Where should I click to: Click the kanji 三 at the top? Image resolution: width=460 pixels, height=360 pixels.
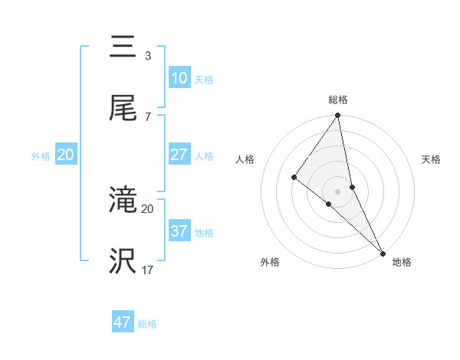(123, 47)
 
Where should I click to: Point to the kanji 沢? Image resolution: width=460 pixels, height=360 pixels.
(123, 261)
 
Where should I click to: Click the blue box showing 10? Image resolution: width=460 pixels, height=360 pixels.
(179, 77)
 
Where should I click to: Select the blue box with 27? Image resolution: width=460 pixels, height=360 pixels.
(179, 155)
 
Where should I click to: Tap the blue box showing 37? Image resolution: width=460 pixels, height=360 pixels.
(179, 231)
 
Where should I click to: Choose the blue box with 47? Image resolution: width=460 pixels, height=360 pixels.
(123, 322)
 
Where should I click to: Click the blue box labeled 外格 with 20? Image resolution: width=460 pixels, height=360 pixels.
(66, 155)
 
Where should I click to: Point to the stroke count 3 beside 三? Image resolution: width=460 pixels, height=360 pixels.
(148, 56)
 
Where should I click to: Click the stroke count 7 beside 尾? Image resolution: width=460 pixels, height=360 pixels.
(148, 116)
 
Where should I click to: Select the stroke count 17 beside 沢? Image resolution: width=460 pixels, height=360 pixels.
(148, 270)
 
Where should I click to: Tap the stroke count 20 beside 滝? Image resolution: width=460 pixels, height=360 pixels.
(148, 208)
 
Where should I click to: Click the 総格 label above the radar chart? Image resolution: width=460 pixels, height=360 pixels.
(338, 100)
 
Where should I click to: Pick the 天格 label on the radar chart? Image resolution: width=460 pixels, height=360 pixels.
(432, 159)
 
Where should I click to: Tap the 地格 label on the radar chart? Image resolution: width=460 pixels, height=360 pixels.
(402, 262)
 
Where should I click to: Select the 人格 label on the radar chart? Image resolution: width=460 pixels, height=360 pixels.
(245, 159)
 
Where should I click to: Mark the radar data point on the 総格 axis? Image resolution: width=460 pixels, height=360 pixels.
(338, 116)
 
